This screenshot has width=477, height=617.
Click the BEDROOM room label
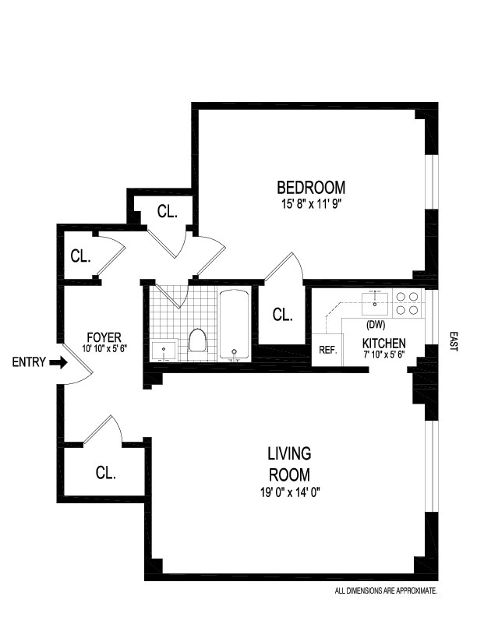point(311,187)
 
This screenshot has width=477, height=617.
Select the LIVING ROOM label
point(289,464)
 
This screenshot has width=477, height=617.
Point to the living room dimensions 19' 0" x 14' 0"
point(289,492)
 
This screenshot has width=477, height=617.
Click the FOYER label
point(104,337)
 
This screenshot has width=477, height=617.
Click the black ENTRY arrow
point(58,362)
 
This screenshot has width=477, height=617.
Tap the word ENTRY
point(29,362)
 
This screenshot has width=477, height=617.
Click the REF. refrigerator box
point(327,350)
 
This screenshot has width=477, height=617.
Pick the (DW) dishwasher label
point(375,325)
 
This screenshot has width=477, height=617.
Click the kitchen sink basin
point(375,303)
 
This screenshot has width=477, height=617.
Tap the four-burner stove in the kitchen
point(408,302)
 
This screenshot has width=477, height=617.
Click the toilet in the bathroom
point(197,340)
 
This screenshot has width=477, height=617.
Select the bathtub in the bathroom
point(234,324)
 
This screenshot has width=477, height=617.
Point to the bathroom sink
point(164,350)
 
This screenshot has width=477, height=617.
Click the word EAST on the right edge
point(454,341)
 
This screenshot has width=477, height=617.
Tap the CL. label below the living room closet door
point(105,473)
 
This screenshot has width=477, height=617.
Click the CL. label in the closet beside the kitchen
point(283,315)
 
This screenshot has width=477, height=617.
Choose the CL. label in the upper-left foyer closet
point(80,256)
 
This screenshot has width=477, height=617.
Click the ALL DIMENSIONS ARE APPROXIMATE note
point(386,591)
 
